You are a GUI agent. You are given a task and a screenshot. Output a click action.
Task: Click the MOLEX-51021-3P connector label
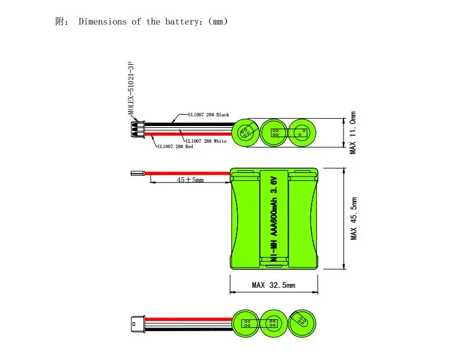131,88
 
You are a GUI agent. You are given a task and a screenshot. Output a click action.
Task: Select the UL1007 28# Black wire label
209,115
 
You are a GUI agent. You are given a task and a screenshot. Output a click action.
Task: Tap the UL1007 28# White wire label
206,141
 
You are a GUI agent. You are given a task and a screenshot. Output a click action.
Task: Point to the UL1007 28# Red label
175,146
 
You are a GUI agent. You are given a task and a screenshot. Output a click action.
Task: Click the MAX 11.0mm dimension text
352,133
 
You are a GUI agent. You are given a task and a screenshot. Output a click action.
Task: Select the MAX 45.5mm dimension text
354,218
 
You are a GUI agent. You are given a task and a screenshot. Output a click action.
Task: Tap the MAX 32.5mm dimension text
274,285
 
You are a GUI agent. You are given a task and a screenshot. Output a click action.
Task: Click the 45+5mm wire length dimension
190,179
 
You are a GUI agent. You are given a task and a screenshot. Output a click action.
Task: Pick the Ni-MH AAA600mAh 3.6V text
274,219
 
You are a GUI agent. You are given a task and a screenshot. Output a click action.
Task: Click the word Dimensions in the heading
103,22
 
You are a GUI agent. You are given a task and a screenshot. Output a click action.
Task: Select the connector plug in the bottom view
138,324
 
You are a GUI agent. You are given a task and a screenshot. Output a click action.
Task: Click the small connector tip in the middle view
138,173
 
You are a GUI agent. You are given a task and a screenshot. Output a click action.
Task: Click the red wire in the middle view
187,173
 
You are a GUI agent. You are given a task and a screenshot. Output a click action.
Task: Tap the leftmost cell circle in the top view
246,133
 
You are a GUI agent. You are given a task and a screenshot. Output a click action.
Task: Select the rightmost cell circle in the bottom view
302,323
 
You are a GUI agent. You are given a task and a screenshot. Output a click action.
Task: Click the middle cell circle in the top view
274,133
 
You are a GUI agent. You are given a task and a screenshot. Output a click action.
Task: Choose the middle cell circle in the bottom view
274,323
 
